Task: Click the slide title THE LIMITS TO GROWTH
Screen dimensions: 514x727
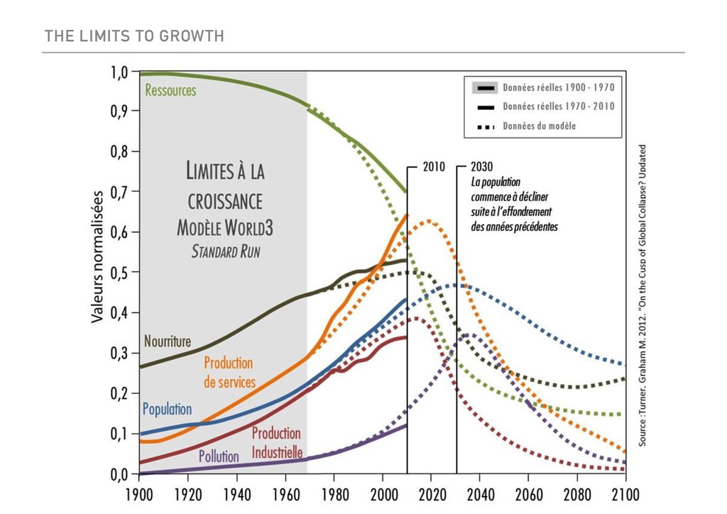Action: [x=134, y=35]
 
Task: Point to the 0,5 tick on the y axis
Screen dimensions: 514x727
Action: [x=119, y=273]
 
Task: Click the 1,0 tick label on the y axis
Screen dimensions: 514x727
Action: [x=119, y=72]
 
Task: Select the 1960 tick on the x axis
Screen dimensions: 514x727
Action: [x=286, y=492]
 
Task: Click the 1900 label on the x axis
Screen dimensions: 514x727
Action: [x=140, y=492]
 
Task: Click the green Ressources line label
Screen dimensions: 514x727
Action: [x=170, y=91]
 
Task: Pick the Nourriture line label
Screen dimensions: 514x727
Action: [x=168, y=341]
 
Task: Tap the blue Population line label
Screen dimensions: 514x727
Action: [x=167, y=409]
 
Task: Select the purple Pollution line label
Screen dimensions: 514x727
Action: [x=219, y=456]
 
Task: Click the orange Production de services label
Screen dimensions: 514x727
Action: [x=229, y=373]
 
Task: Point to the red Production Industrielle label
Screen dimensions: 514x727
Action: [x=277, y=443]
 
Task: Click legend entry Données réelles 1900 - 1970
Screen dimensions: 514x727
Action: [x=558, y=88]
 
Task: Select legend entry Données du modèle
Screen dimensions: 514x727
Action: [x=539, y=126]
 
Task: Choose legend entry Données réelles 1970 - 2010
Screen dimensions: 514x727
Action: [x=558, y=107]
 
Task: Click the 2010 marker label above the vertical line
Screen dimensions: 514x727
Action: [x=433, y=168]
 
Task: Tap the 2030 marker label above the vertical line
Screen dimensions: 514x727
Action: [x=482, y=168]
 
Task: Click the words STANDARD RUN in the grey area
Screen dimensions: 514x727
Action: [x=226, y=253]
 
